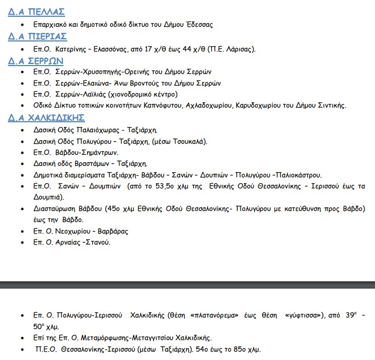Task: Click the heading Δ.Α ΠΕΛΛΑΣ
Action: coord(36,13)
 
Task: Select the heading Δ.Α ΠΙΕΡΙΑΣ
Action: coord(37,36)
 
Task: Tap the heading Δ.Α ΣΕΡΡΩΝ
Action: coord(36,60)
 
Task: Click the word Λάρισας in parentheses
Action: coord(239,50)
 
